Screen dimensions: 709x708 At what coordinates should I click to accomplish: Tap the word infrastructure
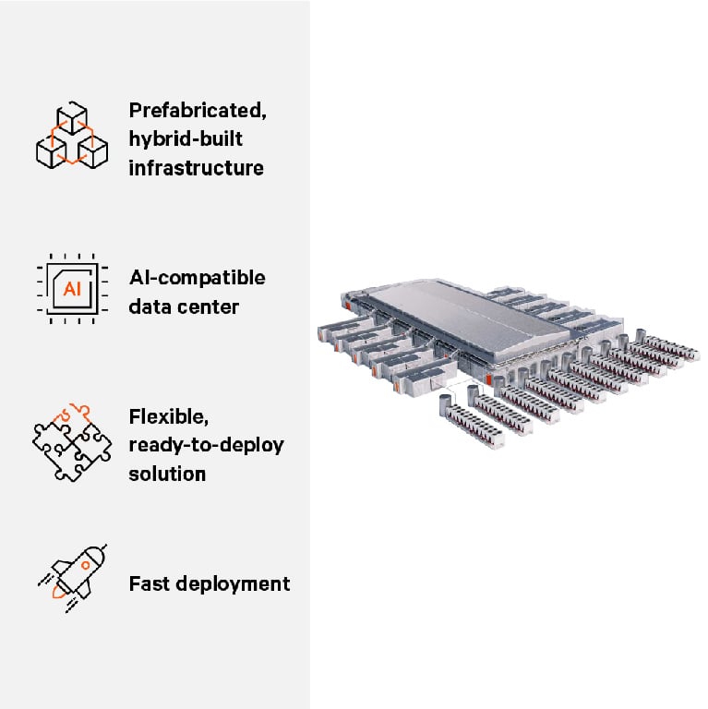coord(196,168)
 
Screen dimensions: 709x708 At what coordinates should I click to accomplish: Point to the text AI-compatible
coord(197,278)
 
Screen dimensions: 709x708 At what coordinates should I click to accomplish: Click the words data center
coord(185,306)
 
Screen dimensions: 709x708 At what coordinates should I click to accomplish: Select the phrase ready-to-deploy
coord(206,445)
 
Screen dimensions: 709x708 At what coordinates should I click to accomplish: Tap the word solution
coord(167,474)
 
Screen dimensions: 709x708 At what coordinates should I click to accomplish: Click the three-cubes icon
coord(71,137)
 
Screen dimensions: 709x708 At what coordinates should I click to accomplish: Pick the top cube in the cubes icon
coord(71,118)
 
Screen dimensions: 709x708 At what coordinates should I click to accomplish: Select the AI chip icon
coord(71,288)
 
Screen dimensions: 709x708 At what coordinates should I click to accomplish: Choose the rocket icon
coord(73,578)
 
